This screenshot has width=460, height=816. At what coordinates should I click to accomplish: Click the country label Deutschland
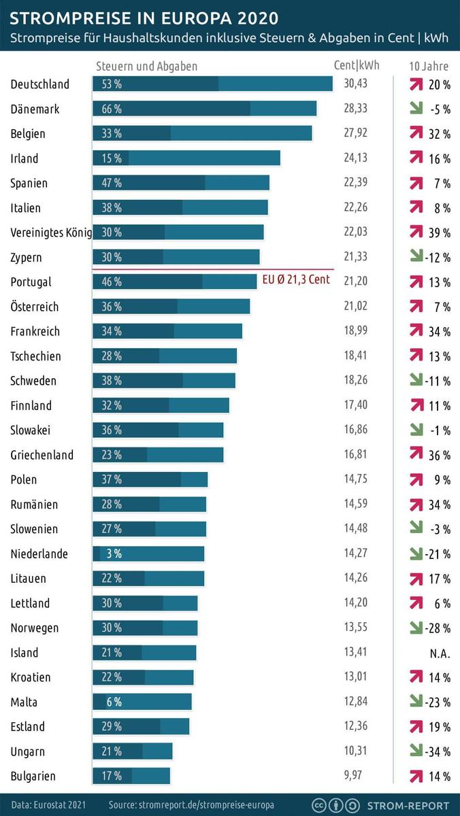tap(39, 84)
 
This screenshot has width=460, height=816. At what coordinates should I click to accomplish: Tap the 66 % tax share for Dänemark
tap(112, 109)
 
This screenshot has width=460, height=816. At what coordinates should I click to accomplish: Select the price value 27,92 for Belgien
tap(355, 133)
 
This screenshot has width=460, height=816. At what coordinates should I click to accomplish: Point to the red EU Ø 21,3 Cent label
tap(296, 279)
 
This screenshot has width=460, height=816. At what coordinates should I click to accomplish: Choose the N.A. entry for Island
tap(439, 653)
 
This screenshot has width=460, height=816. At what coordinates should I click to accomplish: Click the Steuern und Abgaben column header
tap(146, 67)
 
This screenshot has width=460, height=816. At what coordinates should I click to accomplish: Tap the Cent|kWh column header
tap(357, 66)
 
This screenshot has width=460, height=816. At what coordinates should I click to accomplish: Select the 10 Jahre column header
tap(429, 67)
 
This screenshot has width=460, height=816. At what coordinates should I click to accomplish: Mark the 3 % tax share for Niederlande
tap(114, 554)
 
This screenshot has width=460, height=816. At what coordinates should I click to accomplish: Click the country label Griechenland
tap(42, 455)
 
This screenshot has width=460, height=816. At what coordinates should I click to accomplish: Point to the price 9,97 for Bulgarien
tap(355, 776)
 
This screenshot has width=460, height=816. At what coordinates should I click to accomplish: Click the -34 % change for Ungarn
tap(438, 751)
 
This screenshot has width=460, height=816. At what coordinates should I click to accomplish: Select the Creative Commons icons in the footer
tap(335, 804)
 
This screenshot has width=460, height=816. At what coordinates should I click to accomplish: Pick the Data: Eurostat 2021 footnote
tap(48, 804)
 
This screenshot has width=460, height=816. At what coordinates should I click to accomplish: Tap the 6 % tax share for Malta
tap(114, 702)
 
